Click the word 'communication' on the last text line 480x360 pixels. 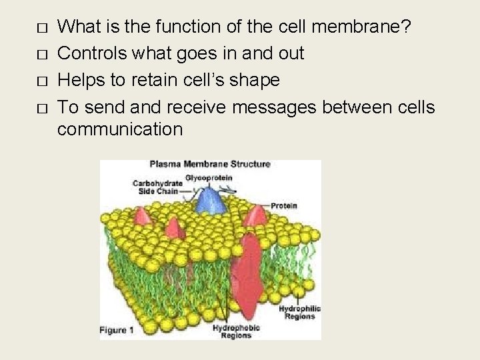pyautogui.click(x=120, y=128)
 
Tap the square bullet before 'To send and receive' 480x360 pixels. pyautogui.click(x=43, y=108)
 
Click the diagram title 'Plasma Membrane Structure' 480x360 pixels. pyautogui.click(x=209, y=164)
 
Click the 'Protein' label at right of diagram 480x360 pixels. pyautogui.click(x=283, y=206)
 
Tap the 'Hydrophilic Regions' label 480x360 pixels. pyautogui.click(x=299, y=313)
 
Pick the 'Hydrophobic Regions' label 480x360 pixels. pyautogui.click(x=236, y=331)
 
